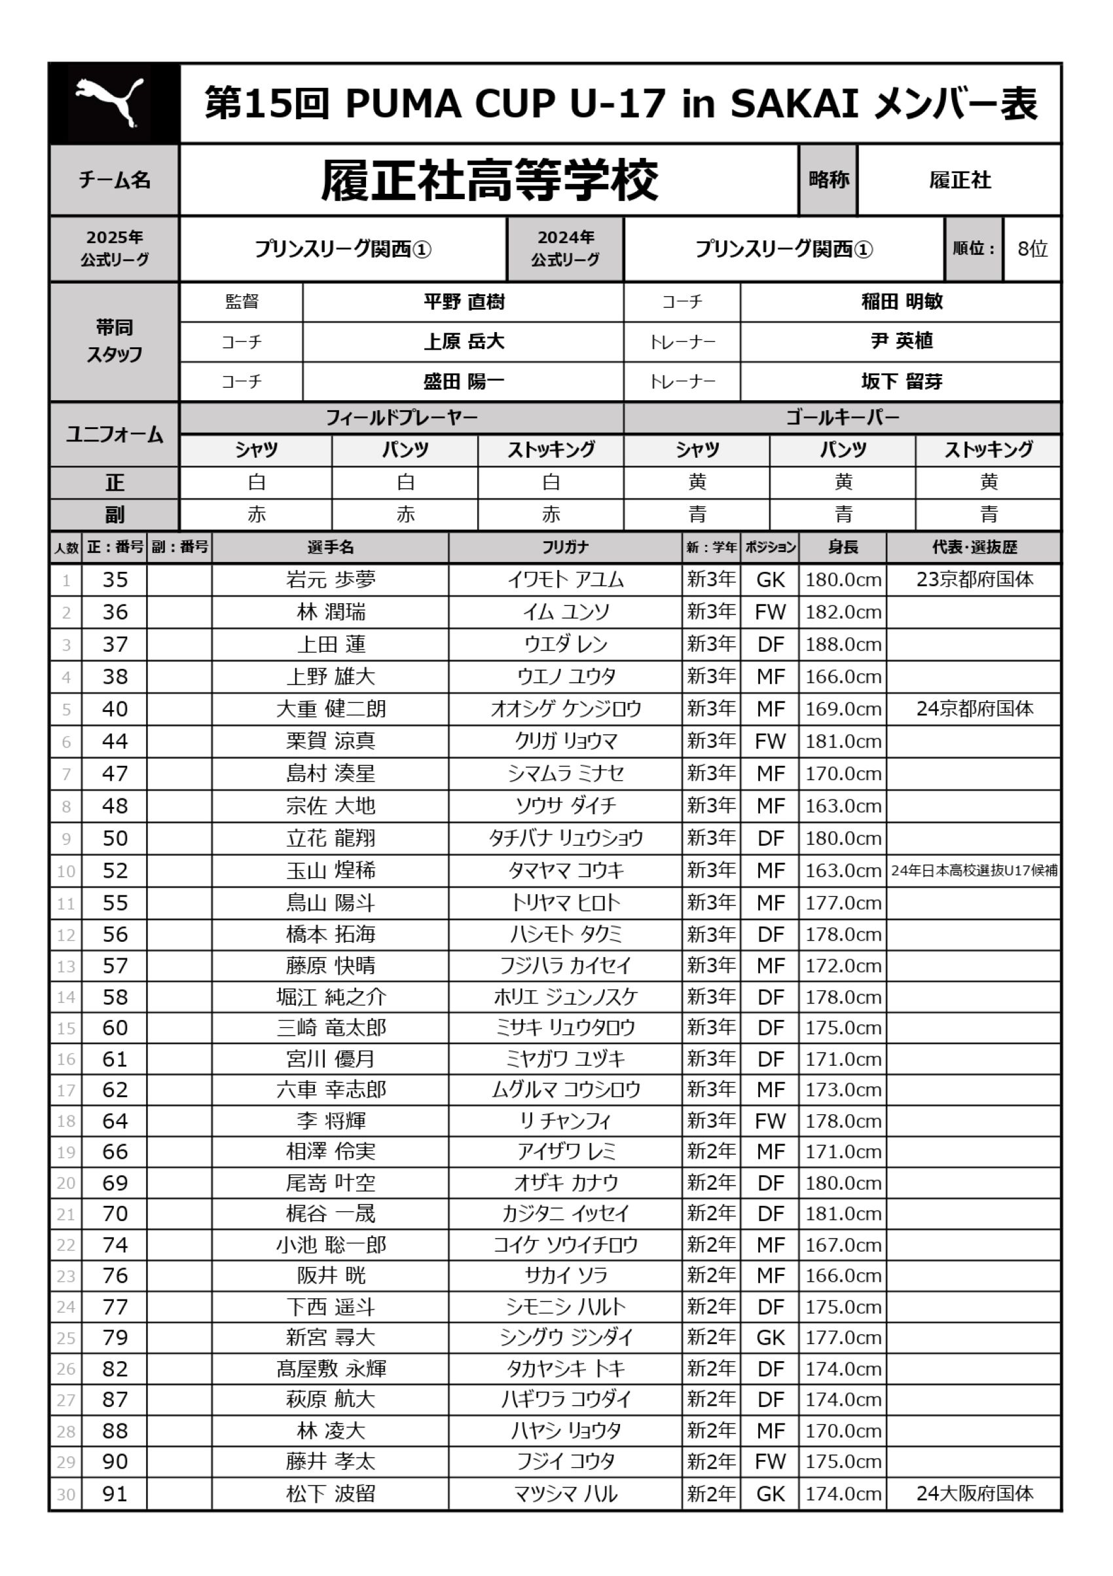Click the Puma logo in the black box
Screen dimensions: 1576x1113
click(x=110, y=103)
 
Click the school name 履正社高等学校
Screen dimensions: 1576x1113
click(x=489, y=181)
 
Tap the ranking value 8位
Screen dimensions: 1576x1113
click(x=1032, y=248)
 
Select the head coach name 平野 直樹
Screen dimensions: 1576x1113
click(x=464, y=302)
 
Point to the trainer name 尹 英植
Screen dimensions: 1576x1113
click(x=901, y=341)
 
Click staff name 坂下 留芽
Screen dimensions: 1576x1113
click(x=901, y=381)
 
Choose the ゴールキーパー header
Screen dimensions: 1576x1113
click(x=842, y=417)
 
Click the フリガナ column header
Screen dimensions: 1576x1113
click(x=565, y=547)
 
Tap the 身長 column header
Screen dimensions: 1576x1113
click(x=843, y=547)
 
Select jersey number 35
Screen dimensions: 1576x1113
click(x=115, y=580)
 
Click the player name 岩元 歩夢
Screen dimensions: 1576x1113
click(x=331, y=580)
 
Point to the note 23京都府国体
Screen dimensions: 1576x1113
click(x=974, y=580)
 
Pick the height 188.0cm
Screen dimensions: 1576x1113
click(x=843, y=645)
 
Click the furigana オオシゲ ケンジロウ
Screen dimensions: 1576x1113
click(x=566, y=709)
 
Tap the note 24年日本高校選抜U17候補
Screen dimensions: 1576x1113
click(x=974, y=871)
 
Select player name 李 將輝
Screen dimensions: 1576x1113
click(x=331, y=1121)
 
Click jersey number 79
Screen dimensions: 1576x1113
click(x=115, y=1337)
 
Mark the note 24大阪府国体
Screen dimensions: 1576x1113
click(x=974, y=1493)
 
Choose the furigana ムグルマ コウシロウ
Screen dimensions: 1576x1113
click(x=566, y=1089)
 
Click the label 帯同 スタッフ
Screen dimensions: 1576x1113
click(x=114, y=341)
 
